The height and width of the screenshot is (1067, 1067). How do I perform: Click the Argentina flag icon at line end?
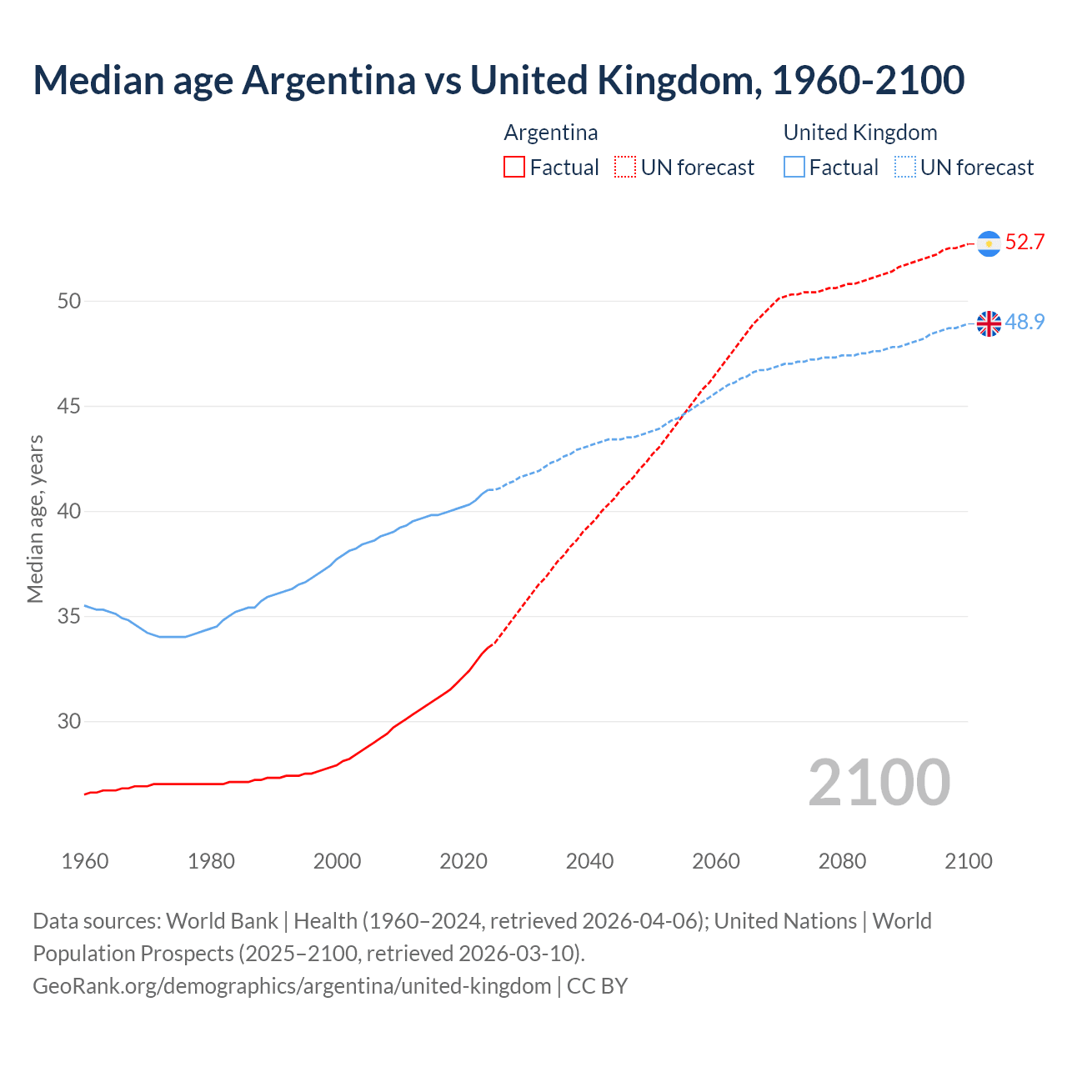989,243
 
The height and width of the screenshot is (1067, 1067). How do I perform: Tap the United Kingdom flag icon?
989,323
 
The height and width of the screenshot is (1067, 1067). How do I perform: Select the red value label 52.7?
1024,243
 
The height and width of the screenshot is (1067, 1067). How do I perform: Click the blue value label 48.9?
1024,322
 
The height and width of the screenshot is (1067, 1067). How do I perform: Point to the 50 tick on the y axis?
69,301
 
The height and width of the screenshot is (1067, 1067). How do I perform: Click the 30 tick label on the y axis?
69,721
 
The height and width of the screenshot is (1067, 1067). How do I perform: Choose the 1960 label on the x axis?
85,861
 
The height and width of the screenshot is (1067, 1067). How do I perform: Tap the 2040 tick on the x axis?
589,861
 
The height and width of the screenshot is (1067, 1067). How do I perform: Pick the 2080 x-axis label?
842,861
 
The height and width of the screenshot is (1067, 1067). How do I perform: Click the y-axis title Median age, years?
35,518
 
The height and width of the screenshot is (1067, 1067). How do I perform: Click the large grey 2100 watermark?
879,782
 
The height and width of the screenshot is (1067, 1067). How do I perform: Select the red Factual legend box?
514,168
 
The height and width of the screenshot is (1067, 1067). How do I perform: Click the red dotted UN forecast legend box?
625,168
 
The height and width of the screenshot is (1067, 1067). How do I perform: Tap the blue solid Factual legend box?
794,168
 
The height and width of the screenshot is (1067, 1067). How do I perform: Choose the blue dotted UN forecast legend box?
904,168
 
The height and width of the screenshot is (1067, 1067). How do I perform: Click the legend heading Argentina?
550,133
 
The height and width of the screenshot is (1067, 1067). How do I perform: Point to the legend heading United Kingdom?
859,133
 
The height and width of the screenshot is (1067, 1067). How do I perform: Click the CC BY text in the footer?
597,986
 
